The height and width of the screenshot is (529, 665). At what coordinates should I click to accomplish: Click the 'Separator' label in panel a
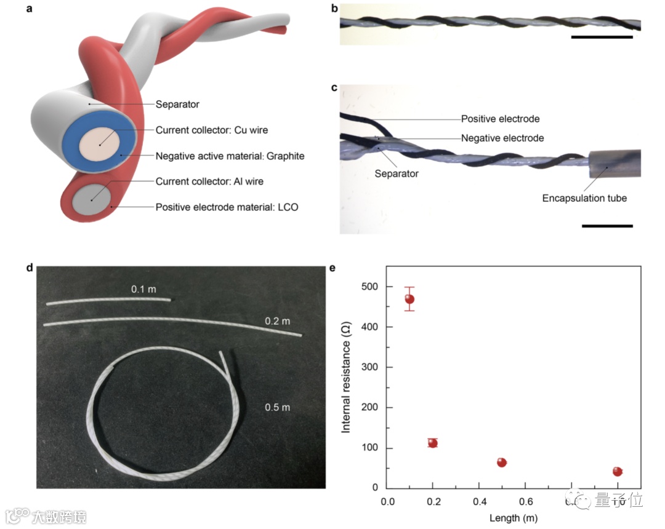point(177,105)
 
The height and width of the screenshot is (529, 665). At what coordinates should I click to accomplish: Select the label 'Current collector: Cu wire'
point(212,130)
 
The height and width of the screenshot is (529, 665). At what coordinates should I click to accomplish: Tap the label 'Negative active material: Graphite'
point(230,156)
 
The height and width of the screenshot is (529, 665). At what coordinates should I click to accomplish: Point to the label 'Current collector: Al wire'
point(210,181)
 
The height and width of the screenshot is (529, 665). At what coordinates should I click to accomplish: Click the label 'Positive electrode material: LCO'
point(227,207)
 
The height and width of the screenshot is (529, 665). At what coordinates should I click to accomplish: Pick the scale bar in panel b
point(602,37)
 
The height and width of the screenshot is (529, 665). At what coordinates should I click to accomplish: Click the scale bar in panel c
point(607,226)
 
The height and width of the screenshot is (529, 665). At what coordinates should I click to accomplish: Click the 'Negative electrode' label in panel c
point(502,138)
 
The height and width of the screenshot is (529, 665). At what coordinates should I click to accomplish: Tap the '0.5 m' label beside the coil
point(277,407)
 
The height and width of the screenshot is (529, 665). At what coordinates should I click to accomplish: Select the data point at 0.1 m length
point(409,299)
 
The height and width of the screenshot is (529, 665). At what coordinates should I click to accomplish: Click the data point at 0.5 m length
point(502,462)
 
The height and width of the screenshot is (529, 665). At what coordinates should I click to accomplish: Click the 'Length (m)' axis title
point(514,518)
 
